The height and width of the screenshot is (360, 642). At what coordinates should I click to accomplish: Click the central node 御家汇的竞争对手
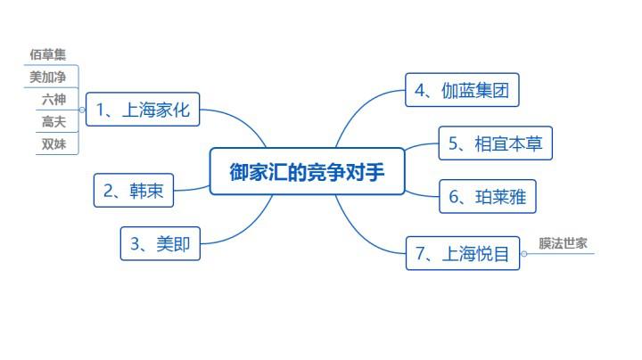click(x=307, y=172)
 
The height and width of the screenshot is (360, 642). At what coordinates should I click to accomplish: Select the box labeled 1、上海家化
click(x=143, y=110)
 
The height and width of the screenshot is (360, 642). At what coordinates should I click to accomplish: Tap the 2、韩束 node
click(x=134, y=190)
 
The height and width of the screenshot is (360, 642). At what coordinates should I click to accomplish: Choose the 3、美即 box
click(x=160, y=243)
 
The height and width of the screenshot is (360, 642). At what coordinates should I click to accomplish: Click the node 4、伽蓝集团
click(x=462, y=90)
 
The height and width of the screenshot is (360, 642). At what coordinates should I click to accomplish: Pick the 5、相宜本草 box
click(x=496, y=143)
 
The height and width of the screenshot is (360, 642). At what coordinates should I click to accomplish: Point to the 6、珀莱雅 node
click(x=488, y=197)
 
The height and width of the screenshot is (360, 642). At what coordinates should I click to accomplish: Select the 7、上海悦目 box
click(x=462, y=253)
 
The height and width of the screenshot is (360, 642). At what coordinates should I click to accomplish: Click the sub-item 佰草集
click(x=48, y=55)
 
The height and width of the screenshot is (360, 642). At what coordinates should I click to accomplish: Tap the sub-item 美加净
click(x=48, y=77)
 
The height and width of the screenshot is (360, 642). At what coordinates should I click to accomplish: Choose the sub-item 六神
click(x=53, y=99)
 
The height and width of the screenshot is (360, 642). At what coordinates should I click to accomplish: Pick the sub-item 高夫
click(x=53, y=121)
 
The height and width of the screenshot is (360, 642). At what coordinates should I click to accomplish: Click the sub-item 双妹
click(x=53, y=143)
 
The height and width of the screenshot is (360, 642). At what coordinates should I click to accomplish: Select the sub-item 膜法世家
click(x=563, y=243)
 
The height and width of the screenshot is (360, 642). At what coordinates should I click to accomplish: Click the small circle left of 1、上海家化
click(x=83, y=110)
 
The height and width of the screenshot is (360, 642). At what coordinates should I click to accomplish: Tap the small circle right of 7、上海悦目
click(x=523, y=253)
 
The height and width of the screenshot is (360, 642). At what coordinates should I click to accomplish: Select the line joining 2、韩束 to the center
click(x=192, y=188)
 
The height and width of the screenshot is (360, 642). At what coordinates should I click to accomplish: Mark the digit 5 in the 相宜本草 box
click(x=454, y=143)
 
